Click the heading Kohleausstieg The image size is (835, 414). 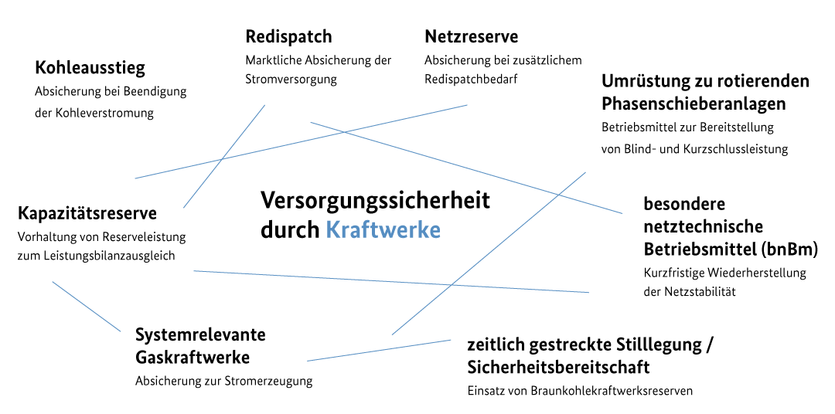pos(90,68)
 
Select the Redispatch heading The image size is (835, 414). pos(288,37)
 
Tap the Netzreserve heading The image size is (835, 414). pos(472,37)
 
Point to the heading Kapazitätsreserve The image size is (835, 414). pos(87,213)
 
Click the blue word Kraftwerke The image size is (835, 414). pos(383,230)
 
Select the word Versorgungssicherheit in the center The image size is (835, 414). pos(376,201)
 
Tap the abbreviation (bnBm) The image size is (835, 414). pos(788,249)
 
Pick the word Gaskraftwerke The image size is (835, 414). pos(193,357)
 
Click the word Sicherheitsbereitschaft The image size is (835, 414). pos(559,367)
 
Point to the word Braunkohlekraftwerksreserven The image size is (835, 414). pos(612,391)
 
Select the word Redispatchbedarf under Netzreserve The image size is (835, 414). pos(472,80)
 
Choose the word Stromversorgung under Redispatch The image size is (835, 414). pos(291,80)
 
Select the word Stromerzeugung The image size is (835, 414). pos(269,381)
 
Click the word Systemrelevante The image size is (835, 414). pos(200,334)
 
